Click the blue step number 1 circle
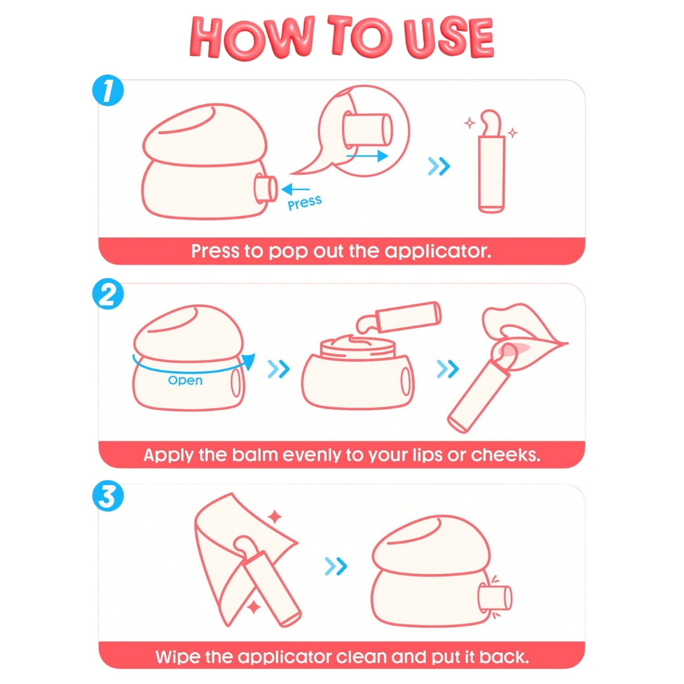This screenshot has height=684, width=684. [x=108, y=91]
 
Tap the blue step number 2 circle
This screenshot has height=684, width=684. [x=108, y=294]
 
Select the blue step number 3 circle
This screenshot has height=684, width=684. [x=108, y=495]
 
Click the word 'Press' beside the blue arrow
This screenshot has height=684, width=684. [x=305, y=203]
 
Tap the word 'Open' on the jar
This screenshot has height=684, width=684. [x=186, y=381]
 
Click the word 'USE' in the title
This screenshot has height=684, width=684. [x=448, y=38]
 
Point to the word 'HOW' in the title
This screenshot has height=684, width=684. [x=253, y=38]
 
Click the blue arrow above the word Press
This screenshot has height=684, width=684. [x=295, y=189]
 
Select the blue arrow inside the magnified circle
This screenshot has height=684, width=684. [x=367, y=156]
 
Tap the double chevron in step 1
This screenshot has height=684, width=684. [x=438, y=166]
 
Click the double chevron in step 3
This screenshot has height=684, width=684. [x=336, y=567]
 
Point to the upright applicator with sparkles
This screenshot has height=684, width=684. [x=491, y=161]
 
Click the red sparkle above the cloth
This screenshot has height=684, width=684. [x=275, y=517]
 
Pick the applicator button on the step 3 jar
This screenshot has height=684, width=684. [x=495, y=598]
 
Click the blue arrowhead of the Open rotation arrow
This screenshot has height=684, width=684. [x=249, y=361]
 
